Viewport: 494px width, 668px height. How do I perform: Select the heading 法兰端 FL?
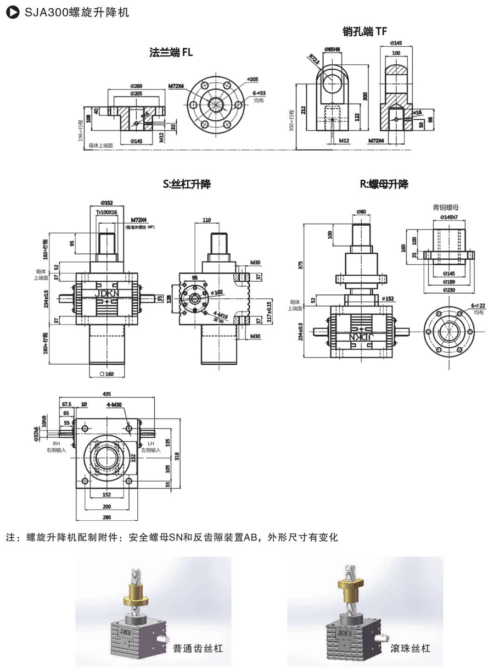click(171, 53)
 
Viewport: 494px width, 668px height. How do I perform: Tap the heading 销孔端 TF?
click(365, 32)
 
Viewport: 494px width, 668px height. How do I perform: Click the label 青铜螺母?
click(445, 207)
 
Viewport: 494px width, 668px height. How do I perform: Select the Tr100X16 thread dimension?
click(107, 212)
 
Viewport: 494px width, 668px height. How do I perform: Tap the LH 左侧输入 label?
click(150, 446)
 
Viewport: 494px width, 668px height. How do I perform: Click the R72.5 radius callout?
click(313, 59)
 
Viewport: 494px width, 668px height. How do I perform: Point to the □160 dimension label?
click(108, 374)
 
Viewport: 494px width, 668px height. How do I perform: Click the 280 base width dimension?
click(106, 517)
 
